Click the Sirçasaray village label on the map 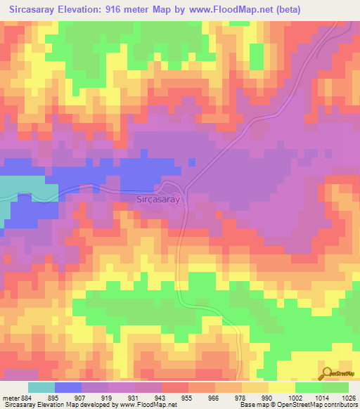[158, 200]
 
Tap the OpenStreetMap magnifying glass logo [328, 373]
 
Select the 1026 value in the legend [349, 397]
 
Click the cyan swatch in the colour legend [41, 387]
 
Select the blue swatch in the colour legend [68, 387]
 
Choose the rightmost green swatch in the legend [335, 387]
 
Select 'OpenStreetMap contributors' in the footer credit [322, 405]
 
